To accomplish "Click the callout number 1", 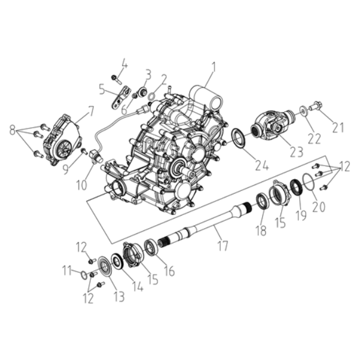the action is click(213, 67).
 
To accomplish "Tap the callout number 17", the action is click(223, 246).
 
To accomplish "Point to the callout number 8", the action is click(12, 131).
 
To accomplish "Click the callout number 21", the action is click(338, 127).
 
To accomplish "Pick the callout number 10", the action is click(82, 185).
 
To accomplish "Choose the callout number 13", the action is click(119, 296).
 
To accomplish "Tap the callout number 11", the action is click(68, 271).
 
